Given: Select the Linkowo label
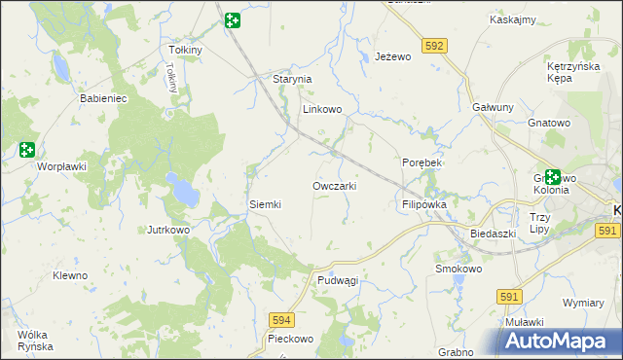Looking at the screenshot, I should [x=322, y=109].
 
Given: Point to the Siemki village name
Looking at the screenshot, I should [x=265, y=204].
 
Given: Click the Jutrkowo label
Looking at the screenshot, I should [x=167, y=230].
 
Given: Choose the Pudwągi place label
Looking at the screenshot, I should [x=338, y=279].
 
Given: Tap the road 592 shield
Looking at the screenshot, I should [x=435, y=46].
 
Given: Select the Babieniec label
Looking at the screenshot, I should [x=103, y=98].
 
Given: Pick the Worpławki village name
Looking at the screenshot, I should [x=62, y=166].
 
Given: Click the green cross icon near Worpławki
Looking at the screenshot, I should [x=26, y=150].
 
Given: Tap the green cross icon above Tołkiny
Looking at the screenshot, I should [x=232, y=20].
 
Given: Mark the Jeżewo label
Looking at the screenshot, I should [x=394, y=57].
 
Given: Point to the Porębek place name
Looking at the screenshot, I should [x=422, y=162].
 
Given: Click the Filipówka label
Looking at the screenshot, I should [x=423, y=205].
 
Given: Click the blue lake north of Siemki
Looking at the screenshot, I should [x=181, y=188].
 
